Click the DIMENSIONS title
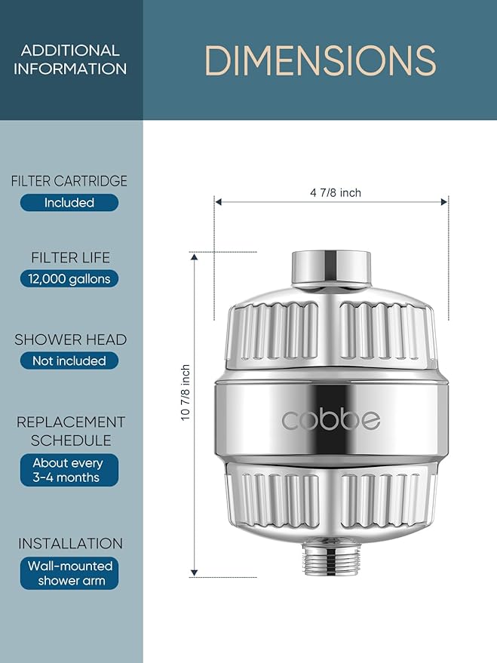tap(320, 60)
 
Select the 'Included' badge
tap(69, 202)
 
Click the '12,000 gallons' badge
tap(69, 278)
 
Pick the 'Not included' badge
tap(69, 361)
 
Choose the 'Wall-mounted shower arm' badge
tap(69, 572)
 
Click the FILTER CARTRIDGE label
tap(69, 181)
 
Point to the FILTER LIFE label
tap(70, 257)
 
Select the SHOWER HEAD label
tap(70, 339)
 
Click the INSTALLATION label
tap(70, 543)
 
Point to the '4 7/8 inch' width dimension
tap(335, 192)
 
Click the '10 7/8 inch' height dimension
tap(186, 394)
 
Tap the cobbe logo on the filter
tap(330, 420)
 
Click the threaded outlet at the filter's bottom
tap(330, 555)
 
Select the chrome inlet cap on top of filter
tap(330, 268)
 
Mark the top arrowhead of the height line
tap(195, 257)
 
